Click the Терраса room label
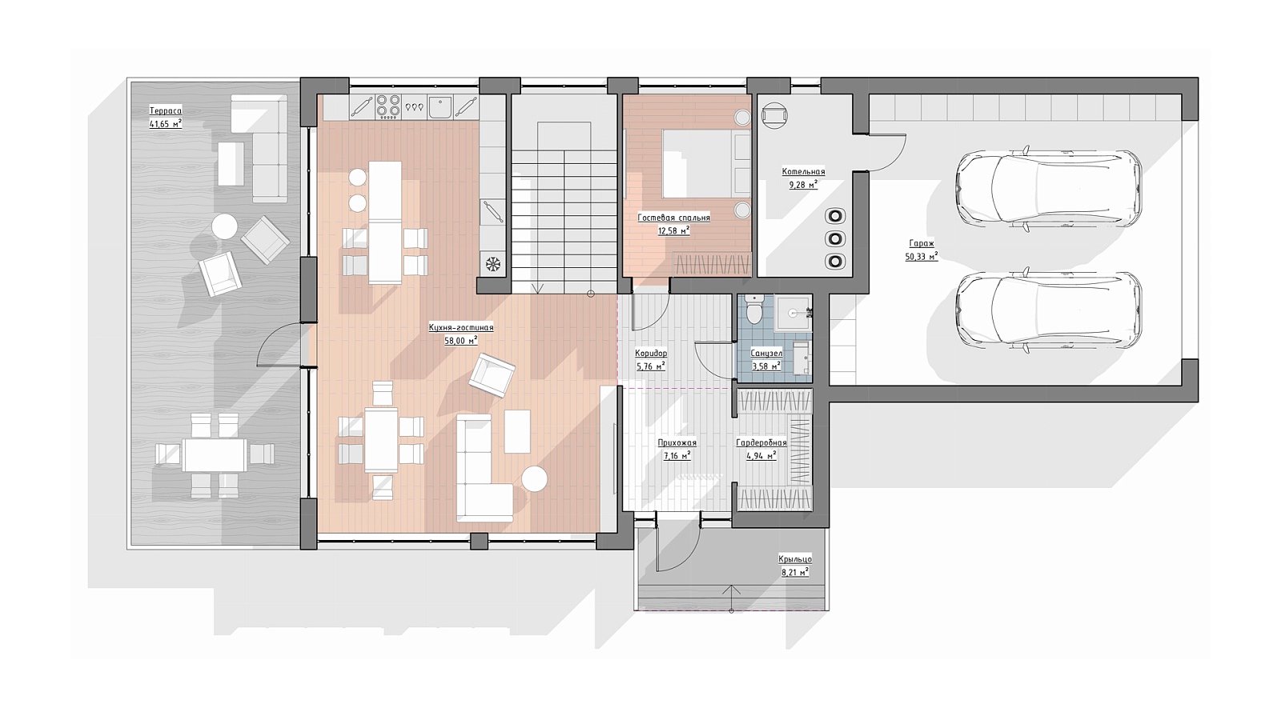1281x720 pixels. point(165,111)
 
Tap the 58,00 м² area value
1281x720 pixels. point(461,341)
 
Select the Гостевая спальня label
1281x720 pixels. point(673,218)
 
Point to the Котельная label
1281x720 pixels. point(804,171)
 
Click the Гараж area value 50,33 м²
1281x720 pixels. point(922,257)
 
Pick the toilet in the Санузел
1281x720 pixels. point(755,310)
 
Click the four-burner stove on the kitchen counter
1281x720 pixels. point(388,106)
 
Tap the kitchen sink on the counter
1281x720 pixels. point(440,106)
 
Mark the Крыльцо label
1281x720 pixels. point(795,559)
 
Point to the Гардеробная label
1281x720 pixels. point(761,443)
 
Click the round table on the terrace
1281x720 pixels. point(224,227)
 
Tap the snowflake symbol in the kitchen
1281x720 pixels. point(493,264)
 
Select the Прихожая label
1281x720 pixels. point(677,443)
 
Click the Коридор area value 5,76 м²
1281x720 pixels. point(651,366)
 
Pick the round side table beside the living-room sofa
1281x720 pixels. point(535,478)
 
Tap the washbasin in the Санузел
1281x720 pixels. point(793,313)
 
